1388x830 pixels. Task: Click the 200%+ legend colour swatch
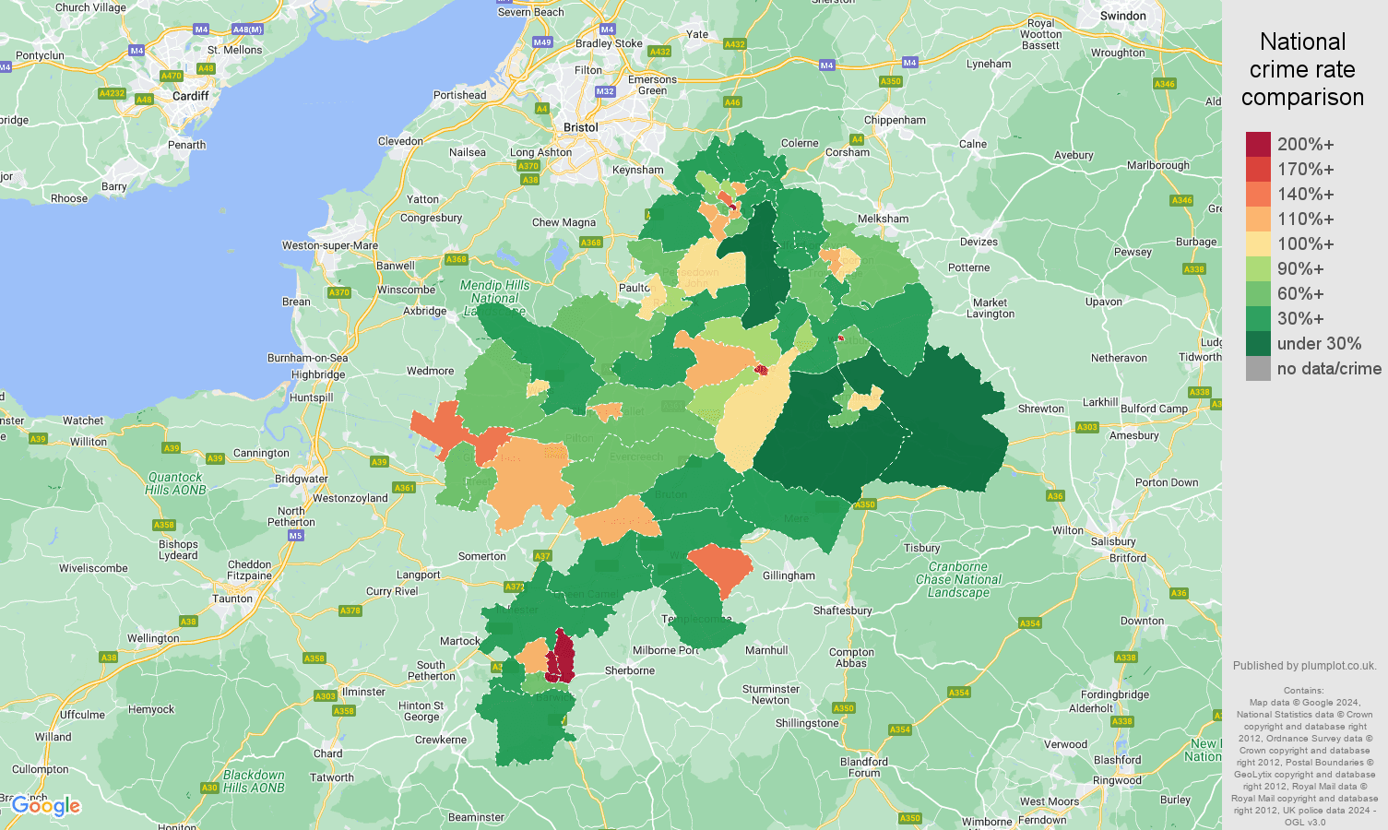[x=1258, y=145]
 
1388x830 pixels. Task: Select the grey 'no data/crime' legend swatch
[x=1258, y=369]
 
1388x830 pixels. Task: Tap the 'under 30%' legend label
[x=1319, y=344]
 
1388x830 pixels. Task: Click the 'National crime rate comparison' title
[x=1302, y=70]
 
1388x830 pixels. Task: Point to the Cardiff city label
[x=191, y=96]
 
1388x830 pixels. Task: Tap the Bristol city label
[x=581, y=127]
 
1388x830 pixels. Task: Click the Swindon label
[x=1123, y=16]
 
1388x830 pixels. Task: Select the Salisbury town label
[x=1113, y=541]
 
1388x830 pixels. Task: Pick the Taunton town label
[x=232, y=599]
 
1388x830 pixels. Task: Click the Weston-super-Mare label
[x=330, y=245]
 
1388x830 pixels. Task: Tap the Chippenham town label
[x=895, y=120]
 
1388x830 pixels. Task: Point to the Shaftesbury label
[x=842, y=611]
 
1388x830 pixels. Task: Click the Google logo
[x=46, y=806]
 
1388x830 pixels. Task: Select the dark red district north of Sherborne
[x=561, y=657]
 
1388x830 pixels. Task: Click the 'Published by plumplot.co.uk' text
[x=1304, y=666]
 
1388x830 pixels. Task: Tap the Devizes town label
[x=979, y=242]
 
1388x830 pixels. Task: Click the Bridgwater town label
[x=301, y=479]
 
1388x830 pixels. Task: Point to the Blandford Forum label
[x=864, y=767]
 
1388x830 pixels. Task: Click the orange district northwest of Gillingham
[x=720, y=567]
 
